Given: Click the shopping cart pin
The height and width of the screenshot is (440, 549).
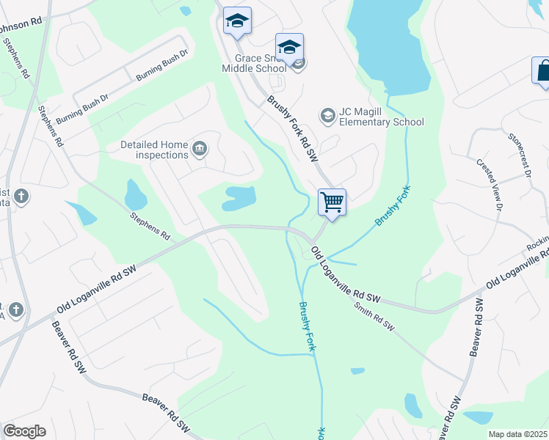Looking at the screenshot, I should point(332,202).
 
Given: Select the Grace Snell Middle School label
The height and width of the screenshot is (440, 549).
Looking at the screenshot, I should point(254,63).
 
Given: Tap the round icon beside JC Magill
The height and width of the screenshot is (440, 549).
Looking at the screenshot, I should point(327,116).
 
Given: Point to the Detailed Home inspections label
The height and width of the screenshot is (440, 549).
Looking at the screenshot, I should point(154,150).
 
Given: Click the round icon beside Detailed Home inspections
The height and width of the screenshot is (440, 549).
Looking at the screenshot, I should point(199,150).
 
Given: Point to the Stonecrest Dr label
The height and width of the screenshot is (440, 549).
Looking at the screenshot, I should point(519,156).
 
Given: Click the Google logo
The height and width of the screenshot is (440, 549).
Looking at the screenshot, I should point(24,431).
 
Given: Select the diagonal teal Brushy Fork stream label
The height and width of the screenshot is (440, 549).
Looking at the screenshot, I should point(393,207).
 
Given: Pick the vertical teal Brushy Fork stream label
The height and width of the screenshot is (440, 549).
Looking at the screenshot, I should point(307,328).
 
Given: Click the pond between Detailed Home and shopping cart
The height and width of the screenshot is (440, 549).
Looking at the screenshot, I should point(239,197).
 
